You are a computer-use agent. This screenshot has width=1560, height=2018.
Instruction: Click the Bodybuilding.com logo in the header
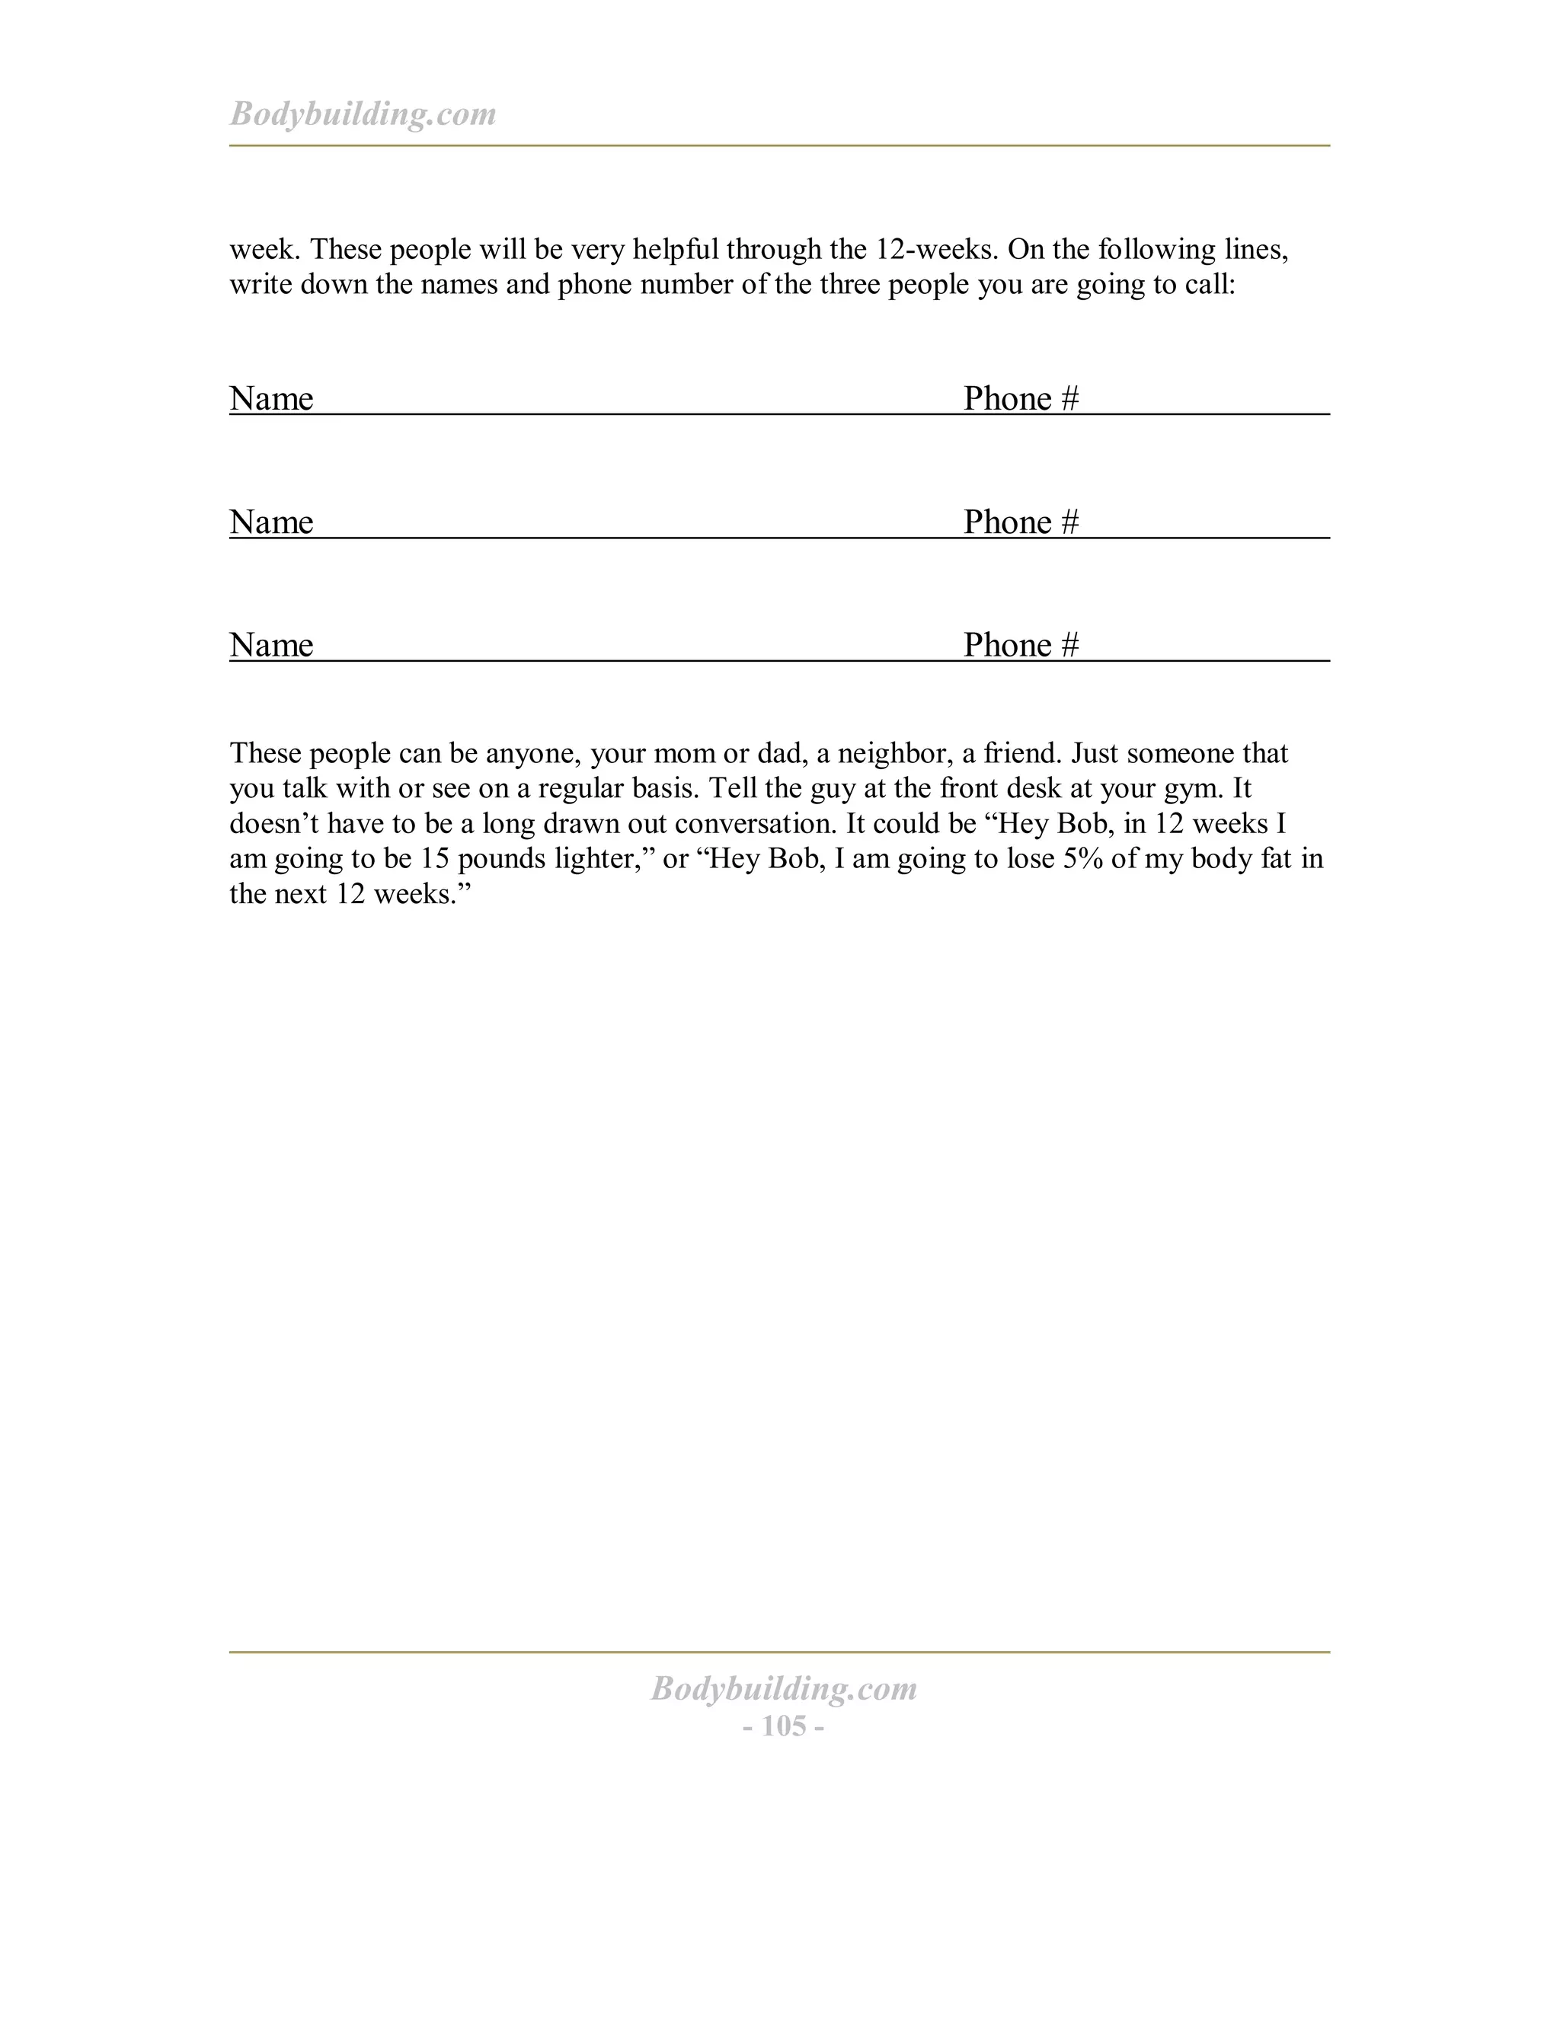click(x=363, y=113)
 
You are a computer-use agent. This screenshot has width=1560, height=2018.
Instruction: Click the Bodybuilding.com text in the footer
click(x=784, y=1688)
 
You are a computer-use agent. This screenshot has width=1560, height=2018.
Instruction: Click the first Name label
click(x=270, y=398)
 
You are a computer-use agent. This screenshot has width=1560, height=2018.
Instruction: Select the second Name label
click(x=270, y=522)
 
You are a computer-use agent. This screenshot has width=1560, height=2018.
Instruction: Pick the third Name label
click(x=270, y=645)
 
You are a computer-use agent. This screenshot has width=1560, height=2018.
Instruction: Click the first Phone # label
click(x=1020, y=398)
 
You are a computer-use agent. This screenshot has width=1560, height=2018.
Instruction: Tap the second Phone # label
click(x=1020, y=522)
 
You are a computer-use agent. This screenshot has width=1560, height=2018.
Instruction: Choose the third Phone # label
click(x=1020, y=645)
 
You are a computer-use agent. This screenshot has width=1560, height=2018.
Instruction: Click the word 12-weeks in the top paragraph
click(x=933, y=250)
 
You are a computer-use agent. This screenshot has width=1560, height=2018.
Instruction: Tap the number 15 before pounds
click(x=434, y=859)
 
